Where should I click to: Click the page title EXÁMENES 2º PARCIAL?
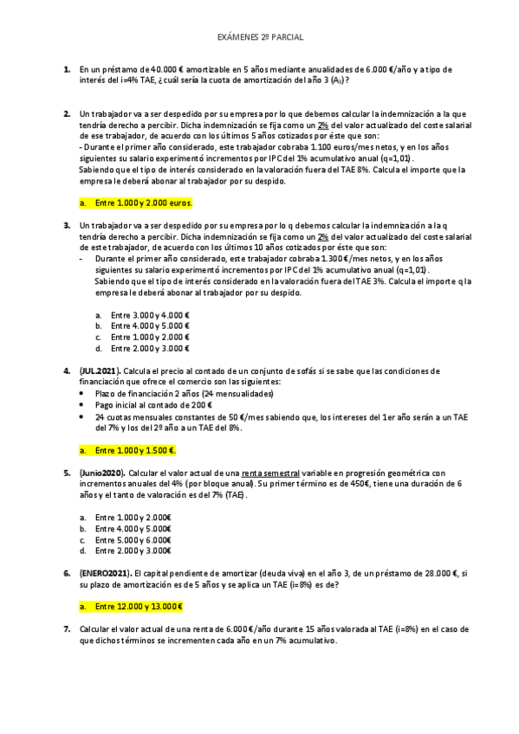point(259,38)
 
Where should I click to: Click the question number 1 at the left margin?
point(66,68)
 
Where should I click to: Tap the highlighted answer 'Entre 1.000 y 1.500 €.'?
point(135,450)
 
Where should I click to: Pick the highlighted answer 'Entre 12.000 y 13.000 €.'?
point(140,607)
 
